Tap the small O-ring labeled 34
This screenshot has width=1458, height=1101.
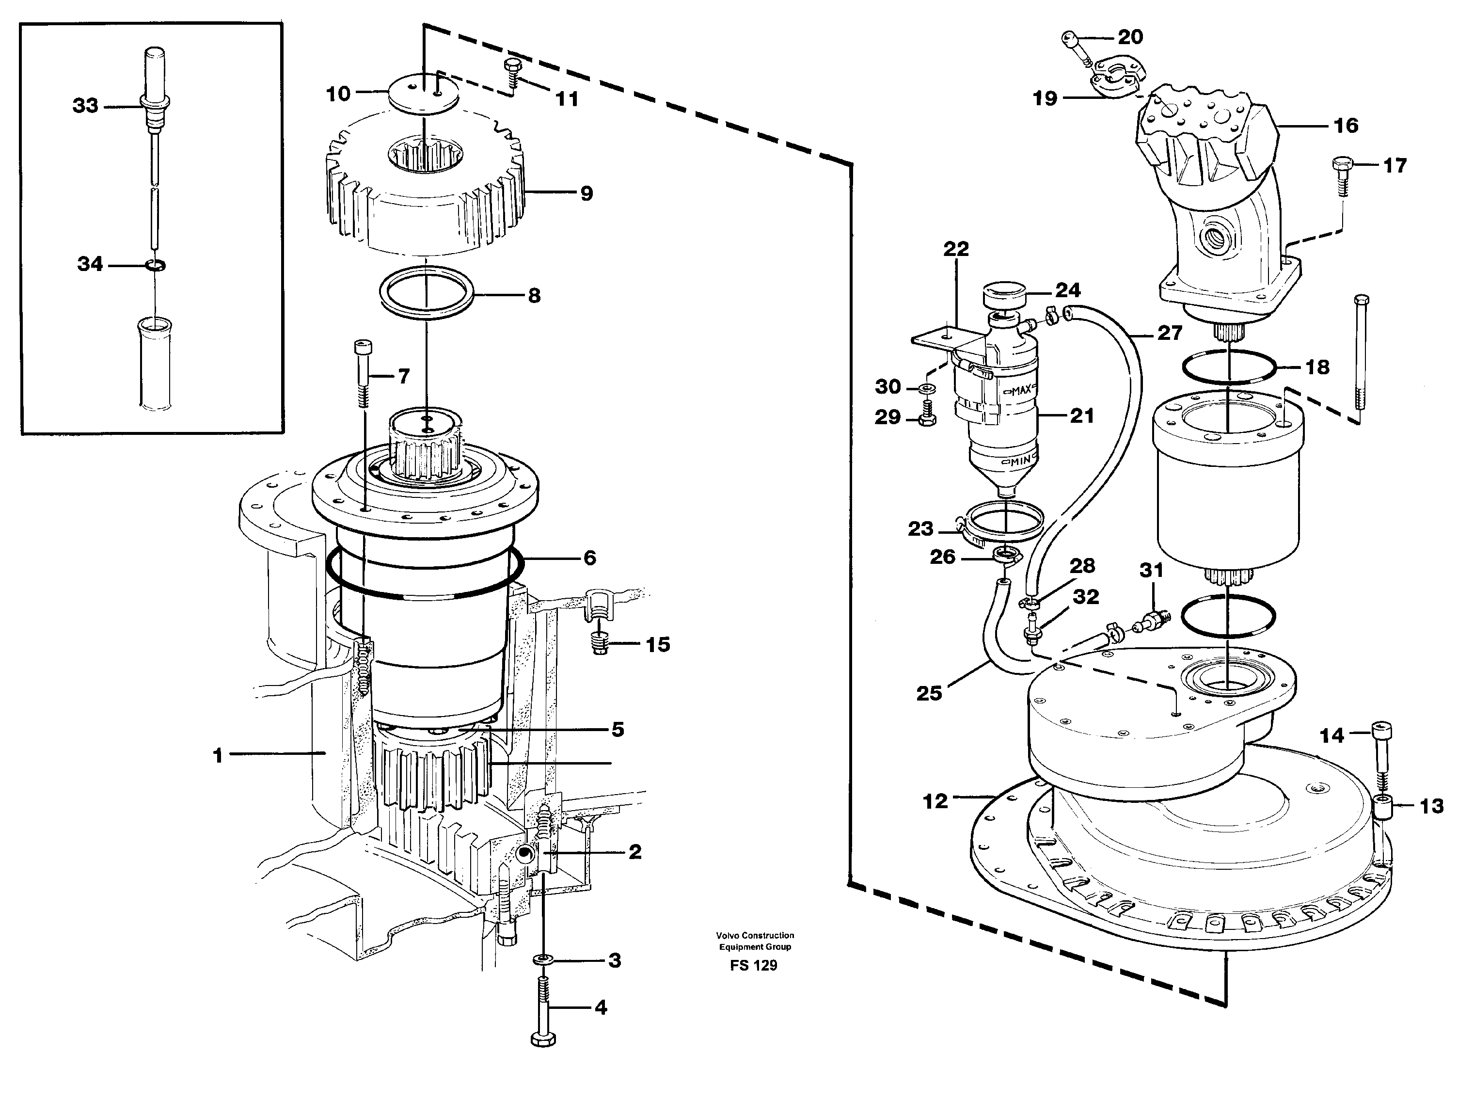click(156, 265)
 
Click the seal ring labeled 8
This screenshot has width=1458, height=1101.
click(427, 293)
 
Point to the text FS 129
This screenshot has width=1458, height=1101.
click(753, 966)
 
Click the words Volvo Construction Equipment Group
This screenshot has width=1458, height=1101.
click(755, 941)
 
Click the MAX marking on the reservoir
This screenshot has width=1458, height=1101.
click(1021, 390)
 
